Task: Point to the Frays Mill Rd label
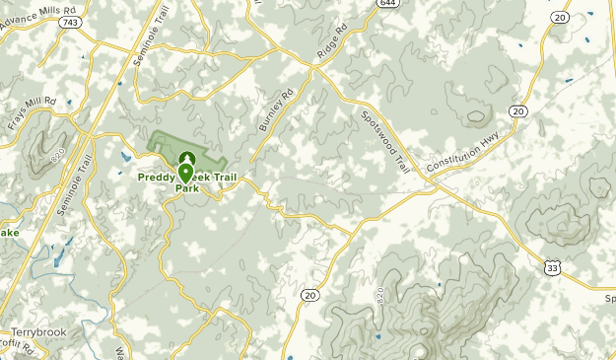tap(33, 114)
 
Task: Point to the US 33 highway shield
tap(554, 266)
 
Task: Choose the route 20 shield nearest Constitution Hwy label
tap(519, 110)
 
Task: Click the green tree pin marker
tap(186, 158)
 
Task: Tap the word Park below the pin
tap(186, 187)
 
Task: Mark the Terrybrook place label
tap(38, 332)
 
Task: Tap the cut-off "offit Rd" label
tap(18, 347)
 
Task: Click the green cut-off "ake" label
tap(9, 233)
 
